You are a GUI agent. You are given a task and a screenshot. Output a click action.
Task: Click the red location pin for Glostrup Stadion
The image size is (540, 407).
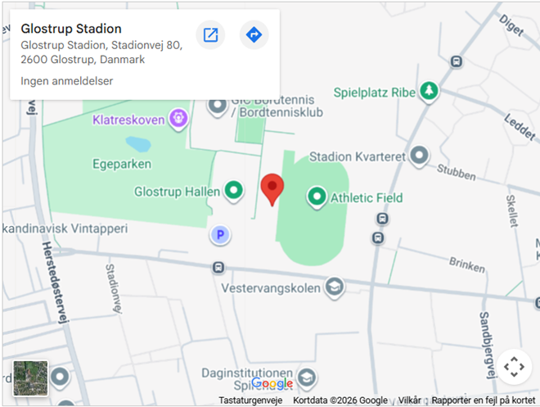pos(272,188)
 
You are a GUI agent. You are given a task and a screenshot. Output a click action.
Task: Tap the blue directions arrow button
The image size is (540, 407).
pos(254,34)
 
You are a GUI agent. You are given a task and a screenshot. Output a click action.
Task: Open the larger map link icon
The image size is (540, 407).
pos(210,34)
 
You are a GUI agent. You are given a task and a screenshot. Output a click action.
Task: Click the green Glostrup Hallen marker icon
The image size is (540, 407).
pos(234,192)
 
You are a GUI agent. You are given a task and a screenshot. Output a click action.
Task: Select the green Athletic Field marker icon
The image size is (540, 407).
pos(316,197)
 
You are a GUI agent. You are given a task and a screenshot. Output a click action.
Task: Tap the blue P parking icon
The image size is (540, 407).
pos(218,236)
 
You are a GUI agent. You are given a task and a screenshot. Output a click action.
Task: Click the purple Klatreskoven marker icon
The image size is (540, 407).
pos(178,120)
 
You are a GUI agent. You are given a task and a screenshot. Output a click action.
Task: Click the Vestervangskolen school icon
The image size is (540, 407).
pos(333,287)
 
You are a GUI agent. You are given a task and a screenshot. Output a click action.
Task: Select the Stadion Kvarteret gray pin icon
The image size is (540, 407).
pos(420,156)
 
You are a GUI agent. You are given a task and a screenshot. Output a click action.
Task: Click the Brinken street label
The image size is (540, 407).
pos(466,262)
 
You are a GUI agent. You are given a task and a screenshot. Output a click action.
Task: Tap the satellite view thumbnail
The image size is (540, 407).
pos(30,378)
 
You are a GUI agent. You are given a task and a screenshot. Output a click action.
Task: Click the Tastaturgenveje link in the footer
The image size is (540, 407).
pos(250,400)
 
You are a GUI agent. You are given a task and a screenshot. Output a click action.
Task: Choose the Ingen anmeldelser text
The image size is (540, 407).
pos(66,81)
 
